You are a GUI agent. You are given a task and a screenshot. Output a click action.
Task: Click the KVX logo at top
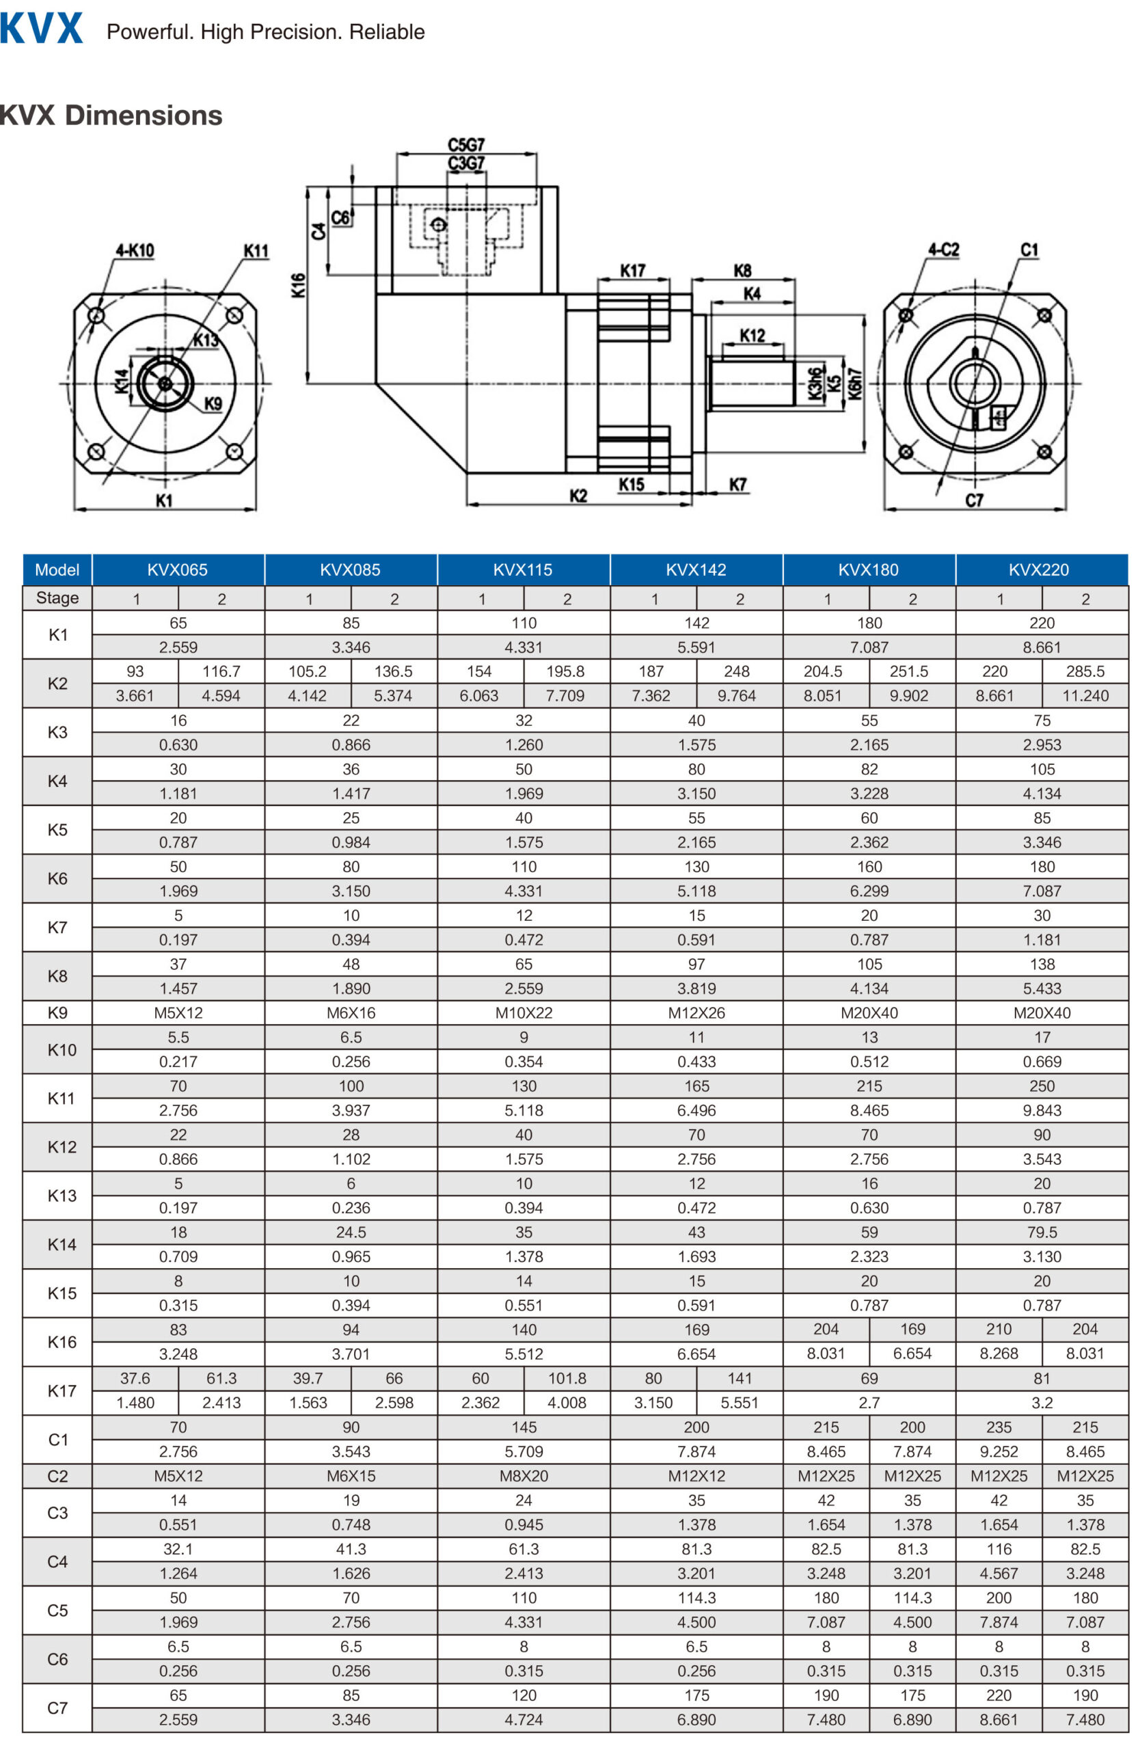pyautogui.click(x=41, y=29)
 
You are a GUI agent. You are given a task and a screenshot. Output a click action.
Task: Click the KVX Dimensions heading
pyautogui.click(x=110, y=116)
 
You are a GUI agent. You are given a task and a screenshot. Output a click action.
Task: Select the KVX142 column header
pyautogui.click(x=696, y=569)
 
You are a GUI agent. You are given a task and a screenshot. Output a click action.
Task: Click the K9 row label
pyautogui.click(x=57, y=1012)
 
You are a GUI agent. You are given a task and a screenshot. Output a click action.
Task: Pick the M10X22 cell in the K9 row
pyautogui.click(x=524, y=1012)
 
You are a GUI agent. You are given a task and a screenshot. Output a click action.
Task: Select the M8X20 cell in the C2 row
pyautogui.click(x=524, y=1476)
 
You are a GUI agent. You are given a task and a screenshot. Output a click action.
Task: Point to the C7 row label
pyautogui.click(x=57, y=1708)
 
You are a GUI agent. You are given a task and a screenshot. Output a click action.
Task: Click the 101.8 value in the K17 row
pyautogui.click(x=566, y=1378)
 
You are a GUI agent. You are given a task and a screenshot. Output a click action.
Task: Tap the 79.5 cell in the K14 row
pyautogui.click(x=1041, y=1232)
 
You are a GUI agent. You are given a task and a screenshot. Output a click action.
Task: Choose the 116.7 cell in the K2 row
pyautogui.click(x=221, y=671)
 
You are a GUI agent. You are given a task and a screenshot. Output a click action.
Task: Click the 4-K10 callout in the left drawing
pyautogui.click(x=135, y=251)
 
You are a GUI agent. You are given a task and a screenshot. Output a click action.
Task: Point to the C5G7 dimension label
pyautogui.click(x=466, y=145)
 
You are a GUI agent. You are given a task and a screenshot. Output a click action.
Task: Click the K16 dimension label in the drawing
pyautogui.click(x=298, y=285)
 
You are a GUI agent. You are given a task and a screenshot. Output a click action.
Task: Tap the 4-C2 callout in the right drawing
pyautogui.click(x=943, y=250)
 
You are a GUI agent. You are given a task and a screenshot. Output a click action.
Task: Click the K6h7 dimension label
pyautogui.click(x=855, y=383)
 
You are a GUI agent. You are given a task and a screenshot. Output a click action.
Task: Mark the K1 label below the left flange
pyautogui.click(x=164, y=501)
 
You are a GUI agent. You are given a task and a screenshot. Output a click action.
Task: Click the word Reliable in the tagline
pyautogui.click(x=387, y=31)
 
